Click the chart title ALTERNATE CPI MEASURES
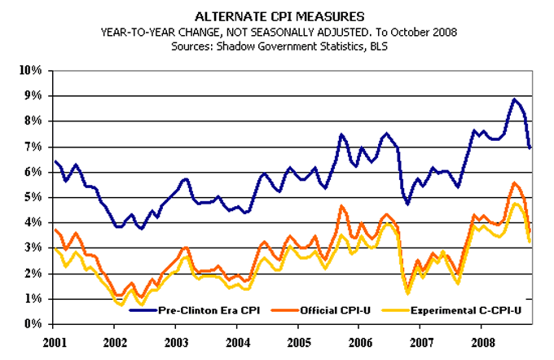pyautogui.click(x=277, y=15)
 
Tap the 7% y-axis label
pyautogui.click(x=33, y=147)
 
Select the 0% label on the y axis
pyautogui.click(x=33, y=324)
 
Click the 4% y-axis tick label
pyautogui.click(x=33, y=222)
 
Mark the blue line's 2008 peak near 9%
pyautogui.click(x=514, y=99)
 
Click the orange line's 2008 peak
pyautogui.click(x=514, y=183)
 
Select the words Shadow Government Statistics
pyautogui.click(x=285, y=47)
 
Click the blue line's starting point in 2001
pyautogui.click(x=55, y=161)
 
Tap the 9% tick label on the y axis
pyautogui.click(x=33, y=95)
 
